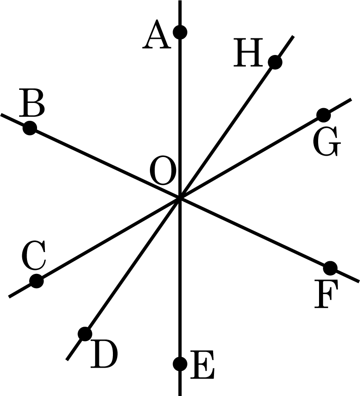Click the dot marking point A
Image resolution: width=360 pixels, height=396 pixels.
[x=180, y=32]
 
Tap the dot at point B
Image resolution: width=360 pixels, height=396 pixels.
[x=30, y=128]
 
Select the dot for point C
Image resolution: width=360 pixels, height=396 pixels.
[x=37, y=281]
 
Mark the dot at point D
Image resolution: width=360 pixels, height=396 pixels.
[x=85, y=334]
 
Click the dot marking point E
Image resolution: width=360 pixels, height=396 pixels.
[x=180, y=363]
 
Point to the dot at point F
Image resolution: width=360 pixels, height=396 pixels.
[x=330, y=267]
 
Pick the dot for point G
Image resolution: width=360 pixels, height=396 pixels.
[x=323, y=115]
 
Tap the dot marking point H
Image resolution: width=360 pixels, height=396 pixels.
[x=275, y=62]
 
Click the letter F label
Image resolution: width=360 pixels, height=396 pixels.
[x=326, y=296]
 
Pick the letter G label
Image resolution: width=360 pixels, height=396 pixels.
[x=326, y=143]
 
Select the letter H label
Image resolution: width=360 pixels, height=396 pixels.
[x=247, y=54]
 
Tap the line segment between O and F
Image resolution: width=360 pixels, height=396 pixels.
[x=255, y=232]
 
